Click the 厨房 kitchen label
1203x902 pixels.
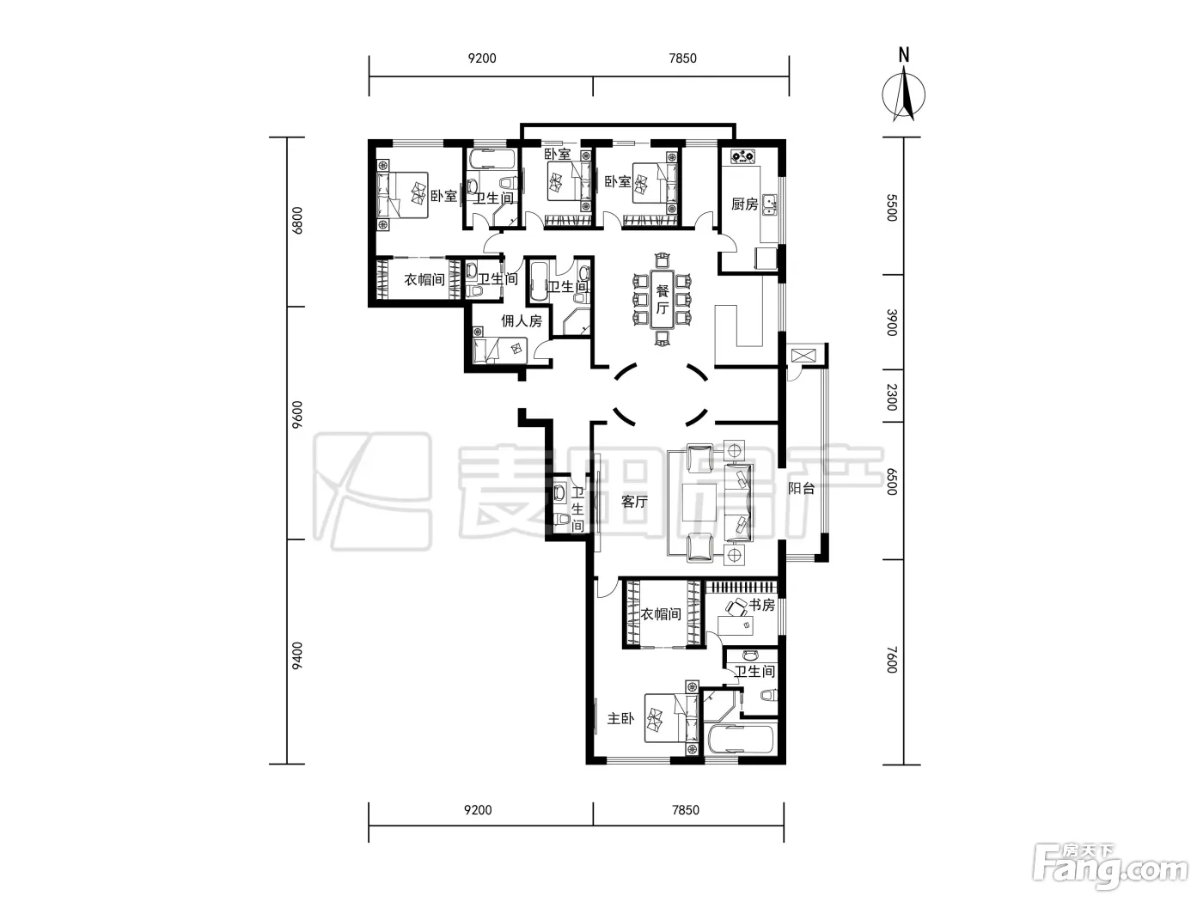point(744,204)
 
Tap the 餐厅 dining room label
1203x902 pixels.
point(662,299)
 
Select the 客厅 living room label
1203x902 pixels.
point(635,501)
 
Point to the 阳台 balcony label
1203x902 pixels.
point(801,488)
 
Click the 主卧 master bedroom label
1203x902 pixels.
point(620,718)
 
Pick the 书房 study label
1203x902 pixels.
point(762,605)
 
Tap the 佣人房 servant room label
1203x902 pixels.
point(522,321)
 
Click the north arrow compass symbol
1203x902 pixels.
point(903,94)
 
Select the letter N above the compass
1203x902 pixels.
point(904,55)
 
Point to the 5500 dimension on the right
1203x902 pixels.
point(892,208)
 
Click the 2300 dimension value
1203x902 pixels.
point(892,397)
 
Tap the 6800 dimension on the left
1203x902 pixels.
point(297,220)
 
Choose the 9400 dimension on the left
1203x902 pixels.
point(297,656)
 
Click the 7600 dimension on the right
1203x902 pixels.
point(892,660)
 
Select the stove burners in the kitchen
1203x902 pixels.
point(742,156)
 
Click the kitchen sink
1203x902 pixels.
point(771,204)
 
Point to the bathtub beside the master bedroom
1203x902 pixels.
point(741,740)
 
